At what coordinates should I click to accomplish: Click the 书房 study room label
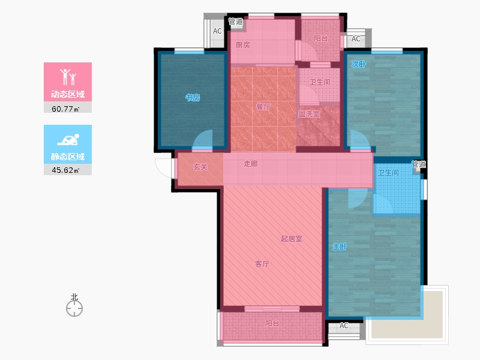pos(193,98)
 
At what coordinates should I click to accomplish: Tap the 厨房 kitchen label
pos(243,45)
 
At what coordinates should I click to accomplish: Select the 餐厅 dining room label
pos(263,107)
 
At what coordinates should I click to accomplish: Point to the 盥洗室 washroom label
pos(309,114)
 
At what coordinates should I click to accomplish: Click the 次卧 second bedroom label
pos(358,64)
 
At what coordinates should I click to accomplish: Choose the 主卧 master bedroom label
pos(340,247)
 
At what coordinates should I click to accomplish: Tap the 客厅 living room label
pos(262,263)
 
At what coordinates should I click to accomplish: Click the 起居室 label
pos(292,238)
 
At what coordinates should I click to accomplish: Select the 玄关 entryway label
pos(200,167)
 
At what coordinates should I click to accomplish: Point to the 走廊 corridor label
pos(251,164)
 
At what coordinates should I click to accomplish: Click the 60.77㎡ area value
pos(65,109)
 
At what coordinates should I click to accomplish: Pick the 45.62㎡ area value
pos(65,170)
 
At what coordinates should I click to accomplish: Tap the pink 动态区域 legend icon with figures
pos(68,77)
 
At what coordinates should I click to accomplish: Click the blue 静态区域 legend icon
pos(68,140)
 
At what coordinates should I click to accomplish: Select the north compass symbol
pos(74,308)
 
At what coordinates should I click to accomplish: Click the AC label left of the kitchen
pos(217,31)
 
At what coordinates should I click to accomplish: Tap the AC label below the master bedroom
pos(344,326)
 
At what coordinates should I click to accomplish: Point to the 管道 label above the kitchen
pos(236,22)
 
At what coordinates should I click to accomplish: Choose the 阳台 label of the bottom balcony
pos(272,323)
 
